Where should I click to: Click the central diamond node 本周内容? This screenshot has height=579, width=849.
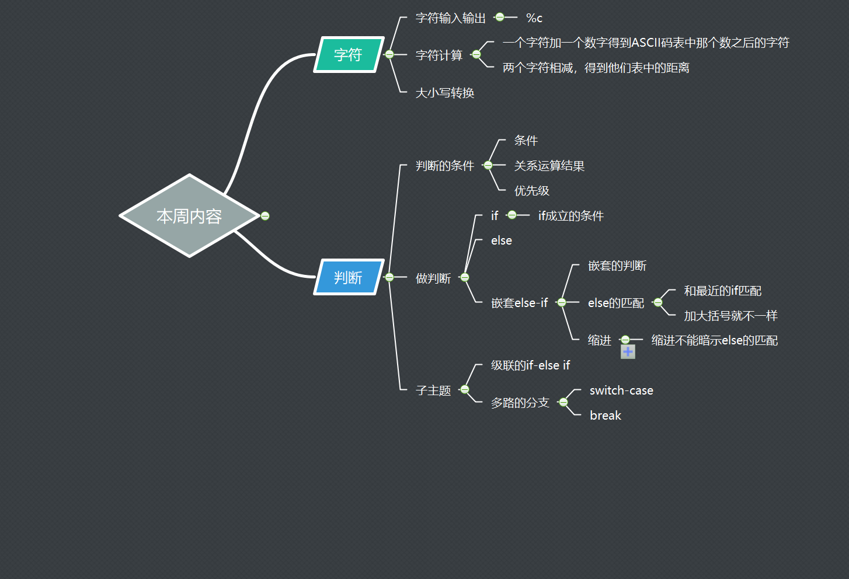pos(189,216)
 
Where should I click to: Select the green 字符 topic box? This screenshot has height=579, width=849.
pos(349,55)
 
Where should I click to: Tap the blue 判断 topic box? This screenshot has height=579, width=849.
pos(349,277)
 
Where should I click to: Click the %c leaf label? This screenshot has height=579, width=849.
pos(534,19)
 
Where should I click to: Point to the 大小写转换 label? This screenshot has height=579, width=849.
pos(444,93)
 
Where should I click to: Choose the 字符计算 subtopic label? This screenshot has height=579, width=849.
pos(439,55)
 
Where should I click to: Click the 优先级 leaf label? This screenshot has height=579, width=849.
pos(531,191)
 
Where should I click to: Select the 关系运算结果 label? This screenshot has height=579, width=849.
pos(549,166)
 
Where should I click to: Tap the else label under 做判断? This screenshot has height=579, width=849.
pos(501,240)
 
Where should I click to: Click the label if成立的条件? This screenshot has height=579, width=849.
pos(570,216)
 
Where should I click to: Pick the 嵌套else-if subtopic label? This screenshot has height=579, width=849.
pos(519,303)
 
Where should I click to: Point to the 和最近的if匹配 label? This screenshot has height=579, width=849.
pos(722,291)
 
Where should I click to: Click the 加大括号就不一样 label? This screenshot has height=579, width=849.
pos(730,316)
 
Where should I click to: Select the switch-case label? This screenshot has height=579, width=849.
pos(621,390)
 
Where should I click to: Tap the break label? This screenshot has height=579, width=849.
pos(605,416)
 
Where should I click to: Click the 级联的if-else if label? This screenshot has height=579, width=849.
pos(530,365)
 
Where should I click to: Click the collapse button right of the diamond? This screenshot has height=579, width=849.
pos(265,216)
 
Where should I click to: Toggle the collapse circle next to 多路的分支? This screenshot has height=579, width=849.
pos(563,402)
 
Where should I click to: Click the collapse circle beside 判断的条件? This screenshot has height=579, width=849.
pos(488,166)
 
